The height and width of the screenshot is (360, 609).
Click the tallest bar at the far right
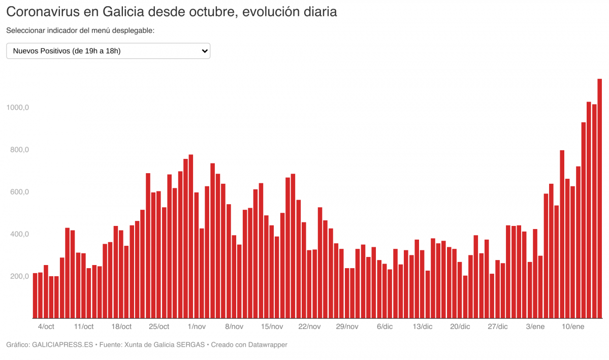(x=599, y=198)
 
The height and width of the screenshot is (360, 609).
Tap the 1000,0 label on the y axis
(x=17, y=108)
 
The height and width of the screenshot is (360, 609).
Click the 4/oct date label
(x=46, y=326)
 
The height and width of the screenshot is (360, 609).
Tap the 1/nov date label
(x=197, y=326)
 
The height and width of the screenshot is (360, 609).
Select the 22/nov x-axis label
(x=309, y=326)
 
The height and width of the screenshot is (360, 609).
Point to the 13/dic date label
(x=423, y=326)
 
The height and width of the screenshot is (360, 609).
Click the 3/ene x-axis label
(x=535, y=326)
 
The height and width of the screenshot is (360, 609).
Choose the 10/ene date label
(x=573, y=326)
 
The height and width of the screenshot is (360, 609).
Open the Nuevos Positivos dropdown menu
(x=108, y=51)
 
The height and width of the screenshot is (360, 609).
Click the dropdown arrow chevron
(x=205, y=51)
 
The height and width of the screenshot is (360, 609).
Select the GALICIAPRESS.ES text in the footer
(x=62, y=345)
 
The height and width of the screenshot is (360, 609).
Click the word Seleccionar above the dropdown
(x=25, y=30)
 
